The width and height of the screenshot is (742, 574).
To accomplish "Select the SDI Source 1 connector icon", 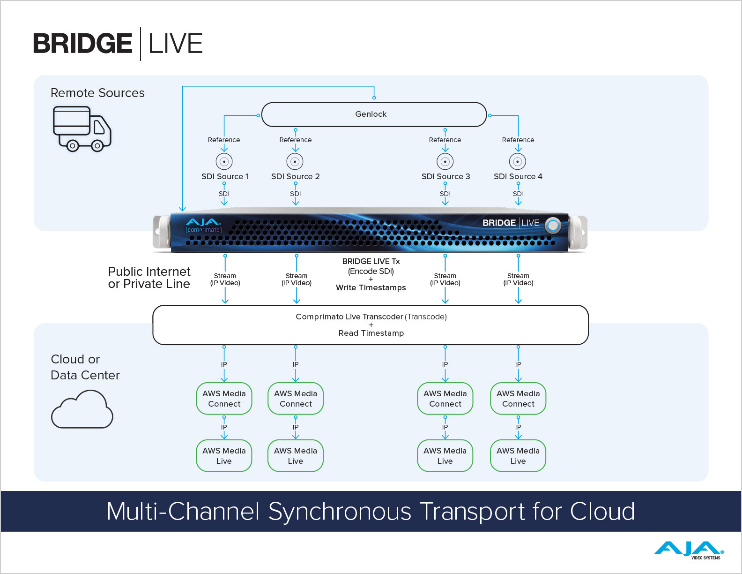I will [224, 161].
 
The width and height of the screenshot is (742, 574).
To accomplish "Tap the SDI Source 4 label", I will [518, 176].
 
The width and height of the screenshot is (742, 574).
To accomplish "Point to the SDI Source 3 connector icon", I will [445, 161].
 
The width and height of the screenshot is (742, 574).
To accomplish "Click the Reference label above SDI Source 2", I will [295, 140].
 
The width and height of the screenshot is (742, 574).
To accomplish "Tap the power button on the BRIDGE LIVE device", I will [553, 226].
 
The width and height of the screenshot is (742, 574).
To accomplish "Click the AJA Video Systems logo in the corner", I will [689, 550].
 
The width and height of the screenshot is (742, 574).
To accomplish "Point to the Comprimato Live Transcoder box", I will [371, 325].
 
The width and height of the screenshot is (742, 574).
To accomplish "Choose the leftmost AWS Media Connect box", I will [224, 399].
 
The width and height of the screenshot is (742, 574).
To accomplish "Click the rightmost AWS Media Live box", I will [518, 456].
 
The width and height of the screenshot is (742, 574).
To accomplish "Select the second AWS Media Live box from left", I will [295, 456].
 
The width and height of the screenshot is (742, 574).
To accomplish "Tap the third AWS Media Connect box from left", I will [445, 399].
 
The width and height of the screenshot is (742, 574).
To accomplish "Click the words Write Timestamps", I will [371, 287].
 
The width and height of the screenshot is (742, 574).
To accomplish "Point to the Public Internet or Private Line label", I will [149, 278].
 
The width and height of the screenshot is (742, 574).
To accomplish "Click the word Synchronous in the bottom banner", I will [340, 511].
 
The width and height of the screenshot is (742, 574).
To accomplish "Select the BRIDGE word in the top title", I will [82, 44].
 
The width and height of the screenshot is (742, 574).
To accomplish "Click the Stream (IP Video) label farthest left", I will [225, 279].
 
